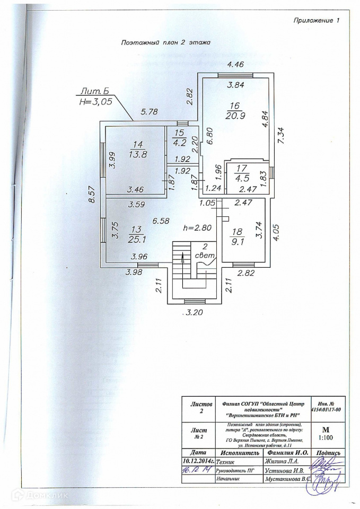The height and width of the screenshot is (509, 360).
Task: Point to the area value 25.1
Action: (x=135, y=240)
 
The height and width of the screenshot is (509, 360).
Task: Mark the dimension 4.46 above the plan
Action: (x=235, y=65)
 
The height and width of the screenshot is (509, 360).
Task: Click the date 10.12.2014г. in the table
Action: (x=197, y=461)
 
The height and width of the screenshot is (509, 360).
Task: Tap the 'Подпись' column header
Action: (x=330, y=453)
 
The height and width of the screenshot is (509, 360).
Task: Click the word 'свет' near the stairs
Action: (x=204, y=256)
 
